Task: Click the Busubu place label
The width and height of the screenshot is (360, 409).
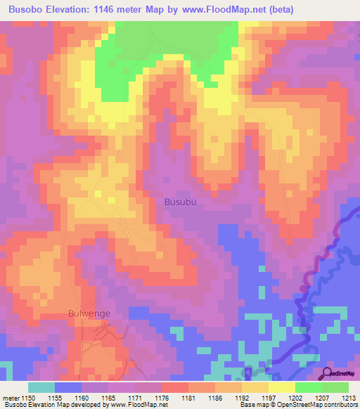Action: [181, 202]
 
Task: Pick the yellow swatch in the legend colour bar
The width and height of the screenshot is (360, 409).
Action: [281, 387]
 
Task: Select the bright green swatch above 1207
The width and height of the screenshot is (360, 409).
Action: [308, 387]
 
